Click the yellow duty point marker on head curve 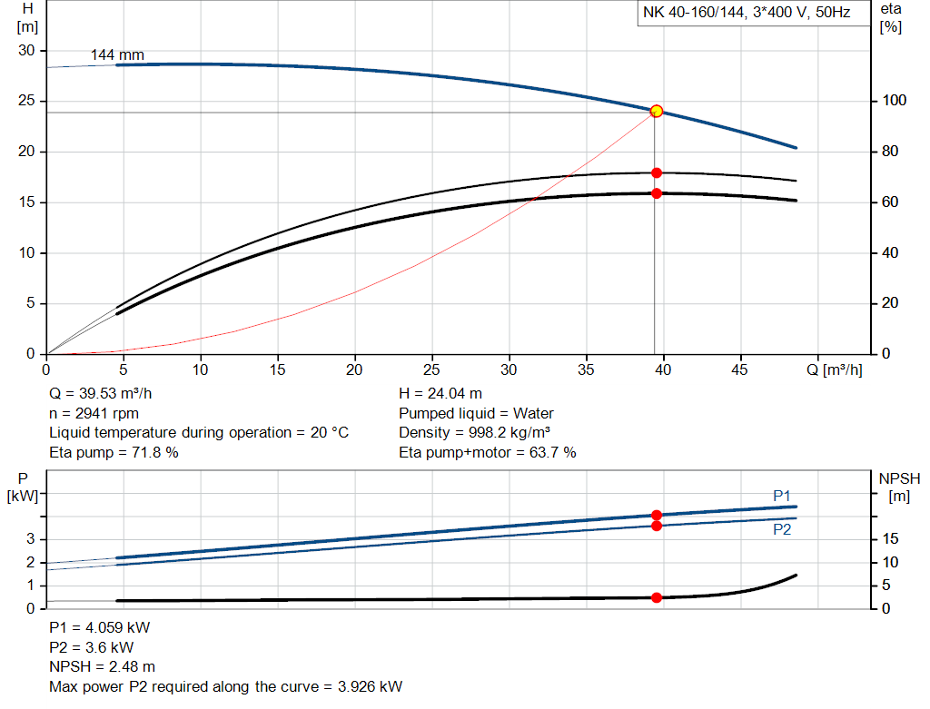pyautogui.click(x=657, y=112)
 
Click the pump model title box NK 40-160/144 pyautogui.click(x=746, y=14)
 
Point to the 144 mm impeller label pyautogui.click(x=117, y=55)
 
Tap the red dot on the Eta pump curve pyautogui.click(x=657, y=172)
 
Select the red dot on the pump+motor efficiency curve pyautogui.click(x=657, y=193)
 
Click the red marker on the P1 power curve pyautogui.click(x=657, y=515)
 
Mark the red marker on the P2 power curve pyautogui.click(x=657, y=526)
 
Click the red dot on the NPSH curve pyautogui.click(x=657, y=597)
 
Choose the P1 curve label pyautogui.click(x=782, y=495)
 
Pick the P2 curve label pyautogui.click(x=782, y=530)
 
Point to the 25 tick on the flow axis pyautogui.click(x=432, y=370)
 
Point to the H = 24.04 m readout pyautogui.click(x=441, y=394)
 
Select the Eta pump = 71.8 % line pyautogui.click(x=114, y=452)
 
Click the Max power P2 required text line pyautogui.click(x=225, y=686)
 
